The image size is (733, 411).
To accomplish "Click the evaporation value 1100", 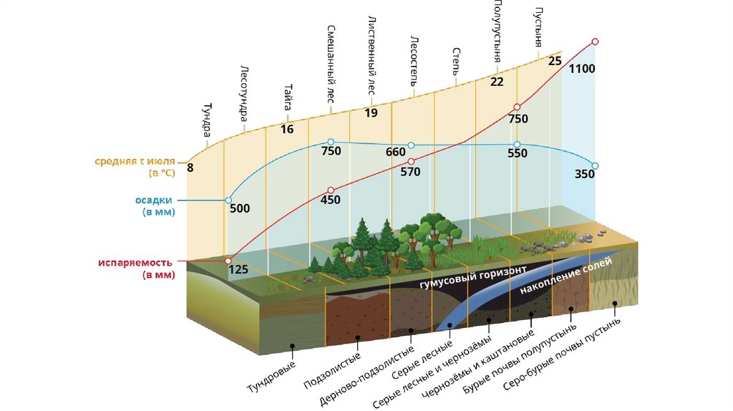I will click(x=582, y=69).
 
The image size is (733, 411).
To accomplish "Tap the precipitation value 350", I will click(x=585, y=173).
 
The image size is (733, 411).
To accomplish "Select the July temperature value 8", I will click(x=190, y=168).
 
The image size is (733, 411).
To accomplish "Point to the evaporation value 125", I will click(x=238, y=270).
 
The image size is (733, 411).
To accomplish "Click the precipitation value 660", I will click(x=395, y=152).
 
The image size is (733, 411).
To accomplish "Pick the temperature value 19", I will click(x=371, y=112).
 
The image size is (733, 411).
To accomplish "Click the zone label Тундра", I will click(x=206, y=120).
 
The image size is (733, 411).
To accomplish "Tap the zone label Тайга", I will click(x=287, y=96).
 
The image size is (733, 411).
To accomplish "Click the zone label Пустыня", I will click(x=538, y=28).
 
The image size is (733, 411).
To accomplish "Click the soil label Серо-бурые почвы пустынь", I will click(x=561, y=354).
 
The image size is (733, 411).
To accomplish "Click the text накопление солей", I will click(x=565, y=276).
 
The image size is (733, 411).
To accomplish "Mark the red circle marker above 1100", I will click(x=595, y=42).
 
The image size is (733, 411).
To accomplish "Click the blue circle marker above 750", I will click(x=330, y=142).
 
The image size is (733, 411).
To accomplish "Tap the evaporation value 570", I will click(x=410, y=172).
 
